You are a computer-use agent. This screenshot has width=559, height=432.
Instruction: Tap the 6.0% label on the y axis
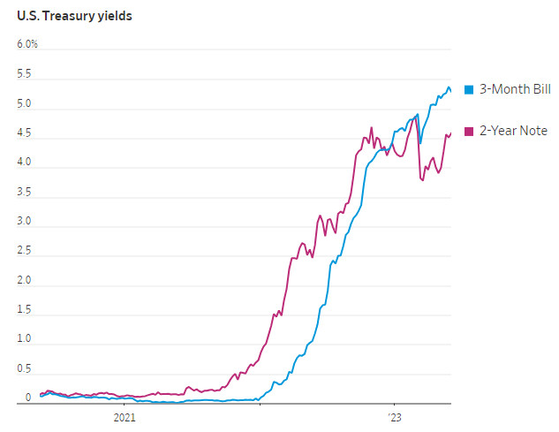pyautogui.click(x=26, y=44)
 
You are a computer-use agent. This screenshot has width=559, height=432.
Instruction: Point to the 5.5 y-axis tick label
pyautogui.click(x=25, y=74)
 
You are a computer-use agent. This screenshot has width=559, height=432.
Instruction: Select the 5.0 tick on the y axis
pyautogui.click(x=25, y=104)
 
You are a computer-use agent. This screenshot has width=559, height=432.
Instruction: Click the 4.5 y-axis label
pyautogui.click(x=25, y=133)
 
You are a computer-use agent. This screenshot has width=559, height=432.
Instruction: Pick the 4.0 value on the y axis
pyautogui.click(x=25, y=163)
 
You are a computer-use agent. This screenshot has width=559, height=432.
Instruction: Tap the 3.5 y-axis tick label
pyautogui.click(x=25, y=193)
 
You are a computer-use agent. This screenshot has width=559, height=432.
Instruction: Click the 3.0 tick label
pyautogui.click(x=25, y=222)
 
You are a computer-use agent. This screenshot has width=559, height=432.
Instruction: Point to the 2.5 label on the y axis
pyautogui.click(x=25, y=251)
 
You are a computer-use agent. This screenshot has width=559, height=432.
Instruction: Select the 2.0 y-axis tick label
pyautogui.click(x=25, y=281)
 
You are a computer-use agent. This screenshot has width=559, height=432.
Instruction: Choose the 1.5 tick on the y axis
pyautogui.click(x=25, y=310)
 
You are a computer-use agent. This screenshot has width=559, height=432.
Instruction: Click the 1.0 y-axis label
pyautogui.click(x=25, y=339)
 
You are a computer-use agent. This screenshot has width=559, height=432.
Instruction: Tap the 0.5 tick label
pyautogui.click(x=25, y=369)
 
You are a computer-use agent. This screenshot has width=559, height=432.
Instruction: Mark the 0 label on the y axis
pyautogui.click(x=28, y=398)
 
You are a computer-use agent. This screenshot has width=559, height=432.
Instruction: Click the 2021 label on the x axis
pyautogui.click(x=125, y=417)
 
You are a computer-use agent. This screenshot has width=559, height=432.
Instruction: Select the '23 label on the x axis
pyautogui.click(x=395, y=417)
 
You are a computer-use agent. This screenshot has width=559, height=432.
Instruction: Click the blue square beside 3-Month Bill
pyautogui.click(x=469, y=89)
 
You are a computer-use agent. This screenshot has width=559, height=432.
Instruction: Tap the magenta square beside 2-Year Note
pyautogui.click(x=469, y=131)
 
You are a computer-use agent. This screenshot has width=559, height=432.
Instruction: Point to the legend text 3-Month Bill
pyautogui.click(x=515, y=89)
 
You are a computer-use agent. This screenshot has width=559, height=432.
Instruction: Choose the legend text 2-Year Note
pyautogui.click(x=513, y=131)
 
